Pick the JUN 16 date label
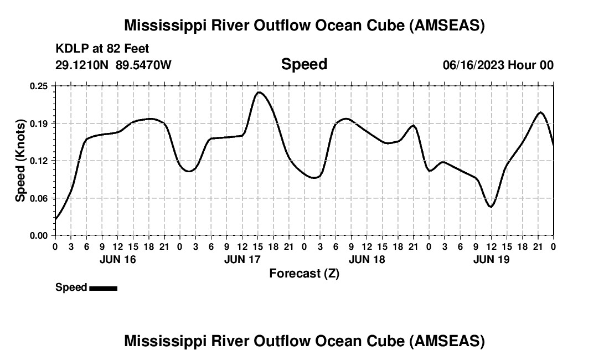pyautogui.click(x=117, y=259)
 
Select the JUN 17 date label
pyautogui.click(x=242, y=259)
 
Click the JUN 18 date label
pyautogui.click(x=367, y=259)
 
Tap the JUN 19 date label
pyautogui.click(x=491, y=259)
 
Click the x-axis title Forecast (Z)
pyautogui.click(x=304, y=273)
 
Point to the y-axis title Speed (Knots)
pyautogui.click(x=20, y=161)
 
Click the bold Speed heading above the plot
pyautogui.click(x=304, y=64)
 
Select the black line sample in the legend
pyautogui.click(x=103, y=288)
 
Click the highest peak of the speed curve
pyautogui.click(x=259, y=92)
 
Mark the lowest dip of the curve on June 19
pyautogui.click(x=491, y=207)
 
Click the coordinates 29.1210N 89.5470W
pyautogui.click(x=113, y=65)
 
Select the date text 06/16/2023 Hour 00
pyautogui.click(x=498, y=65)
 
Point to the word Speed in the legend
pyautogui.click(x=71, y=287)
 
